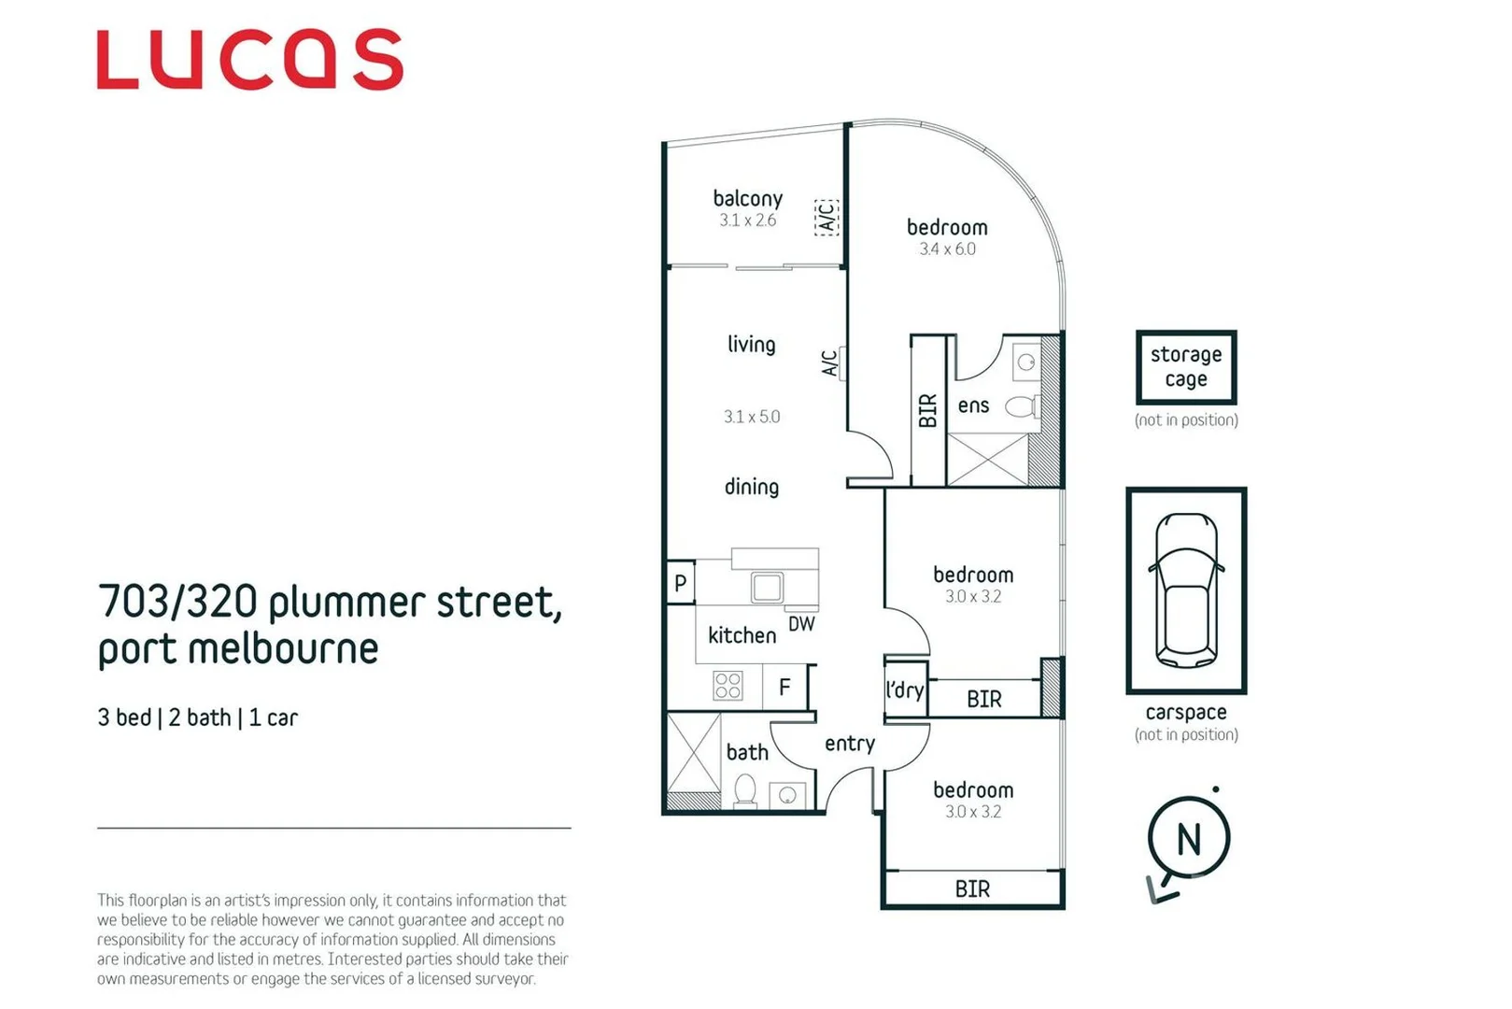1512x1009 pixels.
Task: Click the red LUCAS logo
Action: [249, 60]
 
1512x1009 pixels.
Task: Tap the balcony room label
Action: [747, 198]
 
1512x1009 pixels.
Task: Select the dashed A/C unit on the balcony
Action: [827, 217]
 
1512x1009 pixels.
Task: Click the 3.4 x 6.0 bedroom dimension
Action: [947, 249]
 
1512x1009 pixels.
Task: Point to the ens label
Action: [973, 405]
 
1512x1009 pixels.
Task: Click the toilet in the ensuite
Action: [1023, 406]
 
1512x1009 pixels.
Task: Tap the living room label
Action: [751, 344]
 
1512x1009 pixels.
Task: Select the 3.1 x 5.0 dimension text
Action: [751, 417]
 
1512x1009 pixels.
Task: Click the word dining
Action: [751, 487]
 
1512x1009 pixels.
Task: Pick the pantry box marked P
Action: [680, 583]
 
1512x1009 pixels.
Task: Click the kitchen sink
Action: [767, 587]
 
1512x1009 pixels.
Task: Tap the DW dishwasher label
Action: [801, 623]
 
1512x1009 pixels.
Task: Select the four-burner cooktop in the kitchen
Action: [728, 686]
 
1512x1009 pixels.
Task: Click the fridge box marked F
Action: [784, 688]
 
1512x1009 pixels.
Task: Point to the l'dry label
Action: [904, 690]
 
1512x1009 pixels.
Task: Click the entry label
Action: [849, 744]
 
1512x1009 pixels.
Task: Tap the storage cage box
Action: [1186, 366]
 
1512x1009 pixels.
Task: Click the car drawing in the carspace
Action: [1186, 590]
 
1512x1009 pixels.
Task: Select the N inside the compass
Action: [1188, 839]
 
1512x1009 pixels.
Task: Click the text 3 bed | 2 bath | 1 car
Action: [197, 718]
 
